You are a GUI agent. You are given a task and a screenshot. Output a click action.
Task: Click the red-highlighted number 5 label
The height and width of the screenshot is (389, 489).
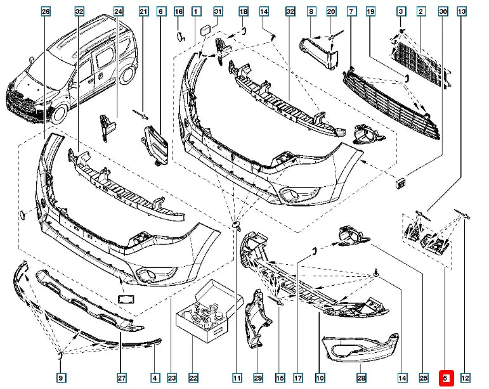pos(445,378)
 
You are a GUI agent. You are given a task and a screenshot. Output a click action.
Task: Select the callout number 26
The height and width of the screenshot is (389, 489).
pos(45,12)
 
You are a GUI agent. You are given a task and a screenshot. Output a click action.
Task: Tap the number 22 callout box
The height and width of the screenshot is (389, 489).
pos(193,378)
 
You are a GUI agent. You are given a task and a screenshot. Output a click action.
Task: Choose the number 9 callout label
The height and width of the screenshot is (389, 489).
pos(61,378)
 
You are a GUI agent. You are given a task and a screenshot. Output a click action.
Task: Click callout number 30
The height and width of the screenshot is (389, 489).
pos(443,12)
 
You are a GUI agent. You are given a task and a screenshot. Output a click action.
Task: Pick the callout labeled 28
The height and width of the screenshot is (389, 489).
pos(361,378)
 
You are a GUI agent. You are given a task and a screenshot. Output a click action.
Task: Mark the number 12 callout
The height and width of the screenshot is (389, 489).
pos(466,378)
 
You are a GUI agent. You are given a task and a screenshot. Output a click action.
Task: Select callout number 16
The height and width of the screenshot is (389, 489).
pos(178,12)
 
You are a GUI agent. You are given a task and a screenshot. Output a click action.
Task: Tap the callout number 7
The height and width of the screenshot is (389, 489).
pos(351,12)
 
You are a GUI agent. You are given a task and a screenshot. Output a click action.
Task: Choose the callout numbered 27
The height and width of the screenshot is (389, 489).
pos(121,378)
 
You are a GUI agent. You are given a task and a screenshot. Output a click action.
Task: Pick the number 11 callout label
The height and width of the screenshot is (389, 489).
pos(237,378)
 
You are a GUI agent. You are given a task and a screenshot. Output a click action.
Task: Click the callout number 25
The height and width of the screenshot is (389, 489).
pos(423,378)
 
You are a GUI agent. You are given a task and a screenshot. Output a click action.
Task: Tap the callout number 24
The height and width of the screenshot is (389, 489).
pos(119,12)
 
